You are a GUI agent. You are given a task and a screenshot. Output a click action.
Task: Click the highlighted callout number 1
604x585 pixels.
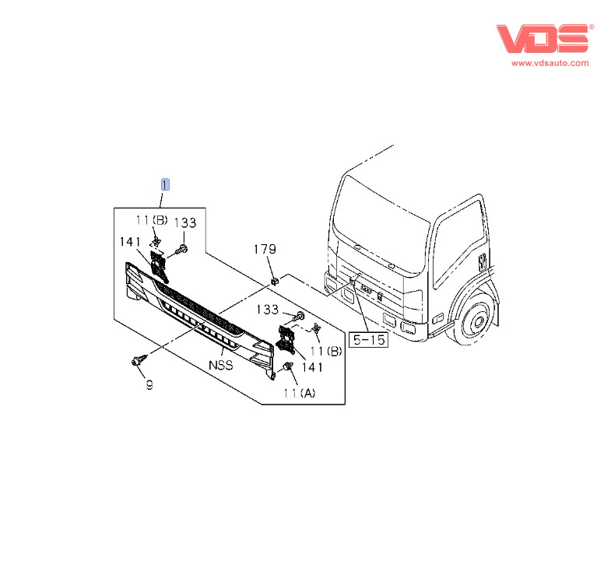click(x=165, y=184)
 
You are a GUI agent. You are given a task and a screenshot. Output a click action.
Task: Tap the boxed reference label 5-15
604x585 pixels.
click(x=368, y=339)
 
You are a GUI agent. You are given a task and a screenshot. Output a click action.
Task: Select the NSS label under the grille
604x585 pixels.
click(x=221, y=365)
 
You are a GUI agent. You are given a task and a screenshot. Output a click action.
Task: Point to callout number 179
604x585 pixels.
click(x=265, y=250)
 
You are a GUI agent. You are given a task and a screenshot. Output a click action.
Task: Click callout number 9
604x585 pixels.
click(x=149, y=384)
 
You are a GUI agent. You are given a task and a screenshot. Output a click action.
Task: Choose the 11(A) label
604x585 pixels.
click(x=300, y=393)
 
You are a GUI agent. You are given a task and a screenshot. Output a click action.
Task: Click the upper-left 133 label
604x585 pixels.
click(x=185, y=222)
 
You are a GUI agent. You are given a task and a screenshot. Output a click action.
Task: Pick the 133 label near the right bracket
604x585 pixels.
click(x=267, y=310)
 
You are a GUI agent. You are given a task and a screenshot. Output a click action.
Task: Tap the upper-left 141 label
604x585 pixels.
click(x=130, y=242)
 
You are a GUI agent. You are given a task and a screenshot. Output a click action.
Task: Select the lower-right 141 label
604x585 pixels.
click(x=312, y=367)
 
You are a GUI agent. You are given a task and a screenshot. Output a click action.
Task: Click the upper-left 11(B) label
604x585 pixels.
click(x=152, y=220)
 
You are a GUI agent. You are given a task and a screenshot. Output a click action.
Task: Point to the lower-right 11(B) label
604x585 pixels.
click(x=326, y=351)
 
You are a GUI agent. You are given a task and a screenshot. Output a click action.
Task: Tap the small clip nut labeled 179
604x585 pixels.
click(x=275, y=282)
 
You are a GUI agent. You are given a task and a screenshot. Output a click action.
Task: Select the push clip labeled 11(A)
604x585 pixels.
click(x=287, y=366)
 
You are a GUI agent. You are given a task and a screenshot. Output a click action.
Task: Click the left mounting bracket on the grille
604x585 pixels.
click(x=159, y=264)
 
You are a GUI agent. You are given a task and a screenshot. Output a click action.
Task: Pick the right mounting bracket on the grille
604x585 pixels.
click(x=286, y=339)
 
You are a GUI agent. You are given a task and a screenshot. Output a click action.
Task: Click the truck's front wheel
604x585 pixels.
click(x=477, y=321)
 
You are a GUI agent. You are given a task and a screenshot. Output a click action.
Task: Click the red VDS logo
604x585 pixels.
click(x=543, y=38)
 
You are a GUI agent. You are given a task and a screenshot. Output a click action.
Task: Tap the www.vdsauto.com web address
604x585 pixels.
click(x=550, y=63)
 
